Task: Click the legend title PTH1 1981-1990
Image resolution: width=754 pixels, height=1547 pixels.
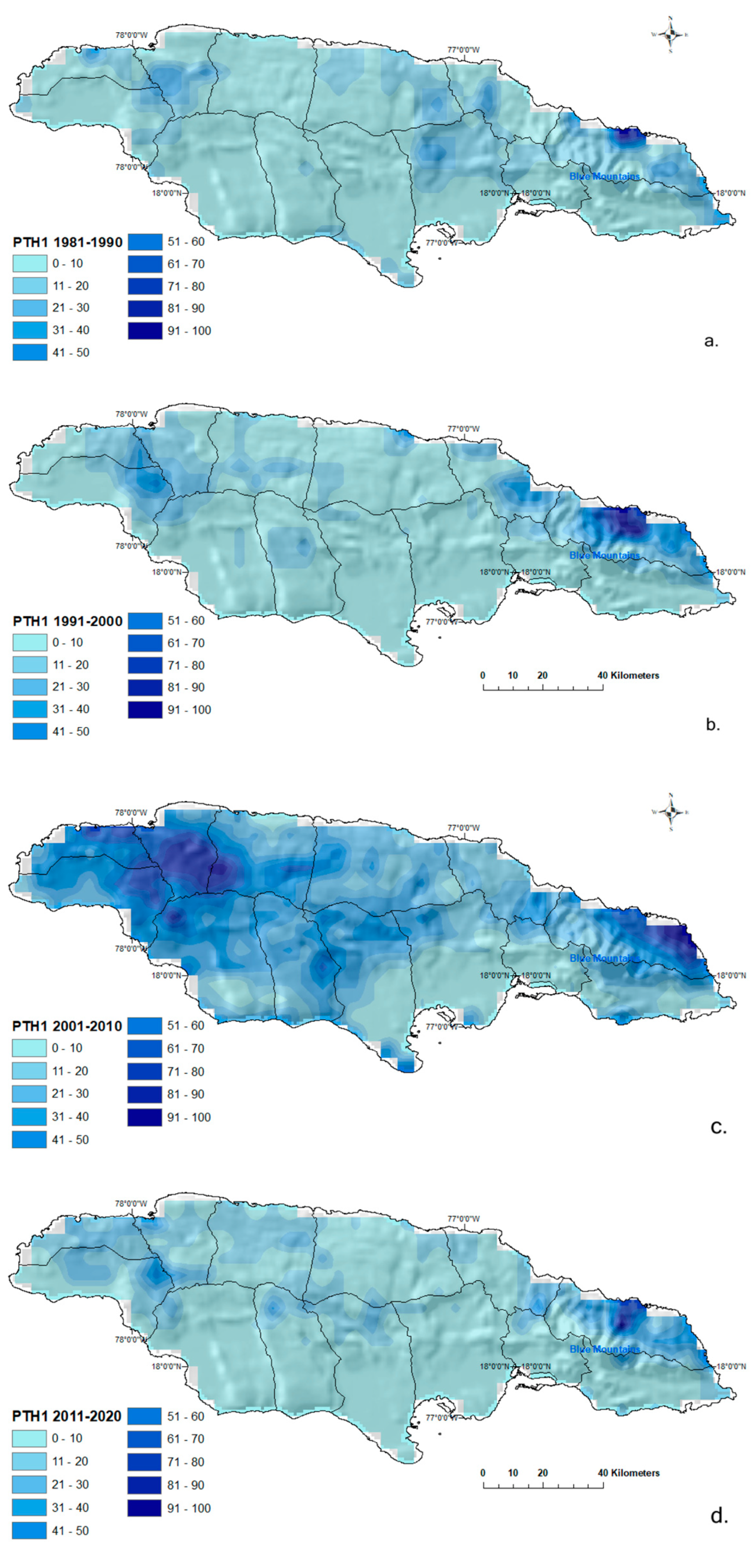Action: pyautogui.click(x=67, y=242)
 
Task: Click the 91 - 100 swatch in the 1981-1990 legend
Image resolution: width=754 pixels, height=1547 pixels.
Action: pyautogui.click(x=144, y=330)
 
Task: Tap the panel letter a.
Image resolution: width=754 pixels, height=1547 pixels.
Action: pyautogui.click(x=711, y=341)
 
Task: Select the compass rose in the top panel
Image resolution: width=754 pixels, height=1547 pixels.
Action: pyautogui.click(x=671, y=35)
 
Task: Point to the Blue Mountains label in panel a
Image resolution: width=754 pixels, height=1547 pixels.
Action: pyautogui.click(x=604, y=177)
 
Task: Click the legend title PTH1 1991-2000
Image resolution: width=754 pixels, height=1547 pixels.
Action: pyautogui.click(x=67, y=621)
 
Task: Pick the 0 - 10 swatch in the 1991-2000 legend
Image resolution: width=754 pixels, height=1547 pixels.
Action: pyautogui.click(x=30, y=643)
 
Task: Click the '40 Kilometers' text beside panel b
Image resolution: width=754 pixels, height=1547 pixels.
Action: pyautogui.click(x=628, y=675)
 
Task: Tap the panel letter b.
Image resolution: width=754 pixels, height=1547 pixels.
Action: pyautogui.click(x=712, y=724)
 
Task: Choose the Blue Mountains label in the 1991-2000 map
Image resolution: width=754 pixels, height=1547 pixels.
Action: pyautogui.click(x=604, y=555)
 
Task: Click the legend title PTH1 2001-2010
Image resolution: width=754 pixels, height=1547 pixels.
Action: pyautogui.click(x=67, y=1026)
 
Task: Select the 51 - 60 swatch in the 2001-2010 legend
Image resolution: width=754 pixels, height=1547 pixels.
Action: pyautogui.click(x=144, y=1026)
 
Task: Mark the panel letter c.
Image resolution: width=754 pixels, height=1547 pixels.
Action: pyautogui.click(x=718, y=1127)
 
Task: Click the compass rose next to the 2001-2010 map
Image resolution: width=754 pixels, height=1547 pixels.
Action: pyautogui.click(x=671, y=812)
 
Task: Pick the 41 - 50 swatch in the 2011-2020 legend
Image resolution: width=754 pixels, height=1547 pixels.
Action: pyautogui.click(x=29, y=1531)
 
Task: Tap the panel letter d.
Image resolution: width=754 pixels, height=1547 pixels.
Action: pyautogui.click(x=719, y=1516)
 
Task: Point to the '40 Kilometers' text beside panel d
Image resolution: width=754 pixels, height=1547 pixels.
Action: pyautogui.click(x=628, y=1472)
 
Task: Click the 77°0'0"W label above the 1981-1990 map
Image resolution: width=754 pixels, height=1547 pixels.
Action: pyautogui.click(x=463, y=51)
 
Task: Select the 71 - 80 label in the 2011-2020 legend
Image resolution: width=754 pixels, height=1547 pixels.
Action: pyautogui.click(x=185, y=1462)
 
